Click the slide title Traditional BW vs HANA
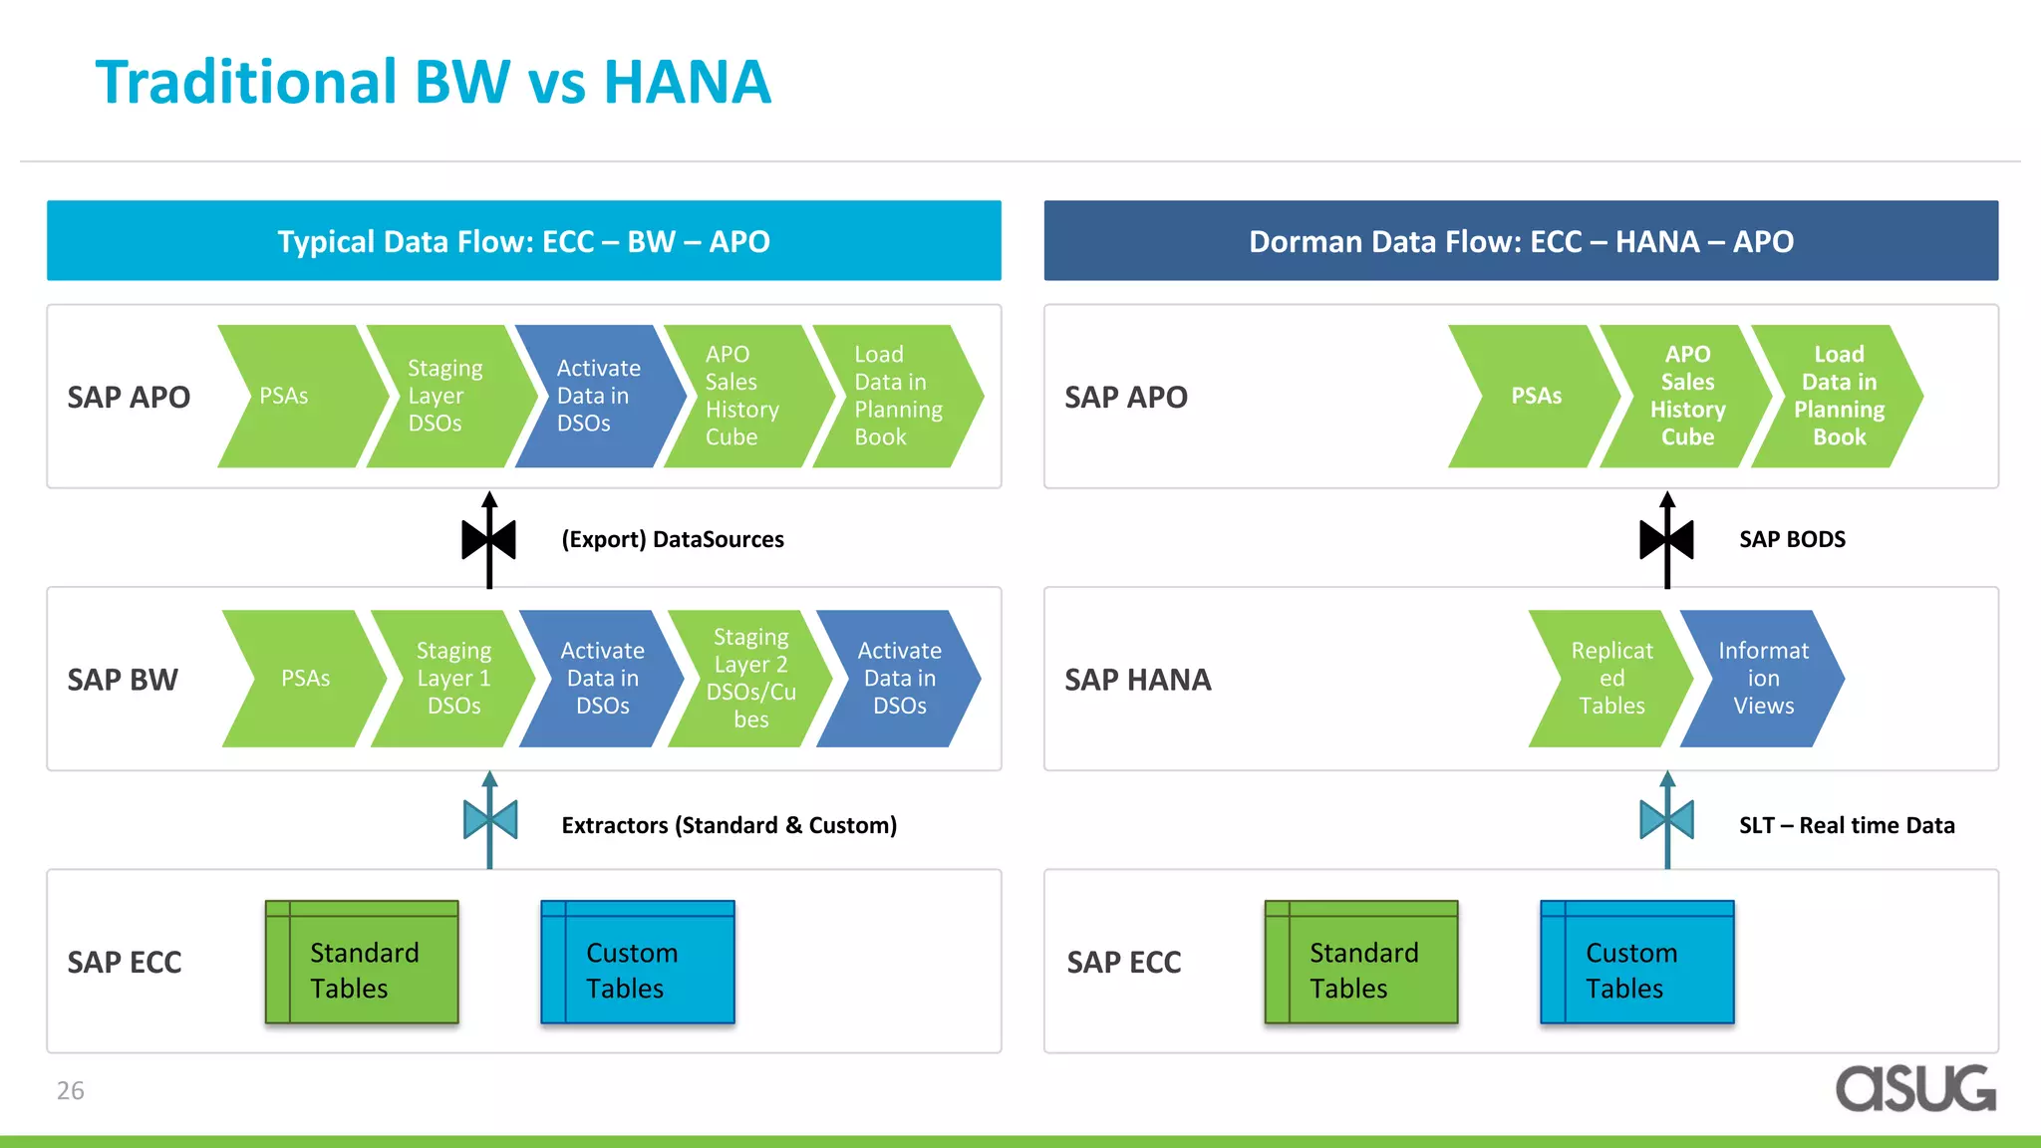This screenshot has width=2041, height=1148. (433, 82)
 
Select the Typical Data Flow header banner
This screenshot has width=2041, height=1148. (523, 241)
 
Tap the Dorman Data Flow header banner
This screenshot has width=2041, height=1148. (1521, 241)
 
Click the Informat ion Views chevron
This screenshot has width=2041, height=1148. (1762, 679)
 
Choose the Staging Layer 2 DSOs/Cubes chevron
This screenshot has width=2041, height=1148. (749, 679)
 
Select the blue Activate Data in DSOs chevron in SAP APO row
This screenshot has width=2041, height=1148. (598, 396)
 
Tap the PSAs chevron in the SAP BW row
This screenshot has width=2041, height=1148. (304, 679)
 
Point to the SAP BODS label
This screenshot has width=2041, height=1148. (1792, 539)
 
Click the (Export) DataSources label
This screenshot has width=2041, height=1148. (673, 539)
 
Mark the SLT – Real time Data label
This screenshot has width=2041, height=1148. (1846, 825)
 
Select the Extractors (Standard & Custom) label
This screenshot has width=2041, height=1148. (729, 825)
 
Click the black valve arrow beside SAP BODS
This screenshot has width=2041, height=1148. (1666, 540)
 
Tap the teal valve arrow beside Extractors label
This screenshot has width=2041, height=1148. (489, 820)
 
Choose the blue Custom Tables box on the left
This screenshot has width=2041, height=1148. (638, 963)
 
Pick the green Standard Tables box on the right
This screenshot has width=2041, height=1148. (1361, 963)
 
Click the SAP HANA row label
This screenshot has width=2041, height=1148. (1137, 680)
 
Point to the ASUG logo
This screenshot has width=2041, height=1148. (1914, 1089)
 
